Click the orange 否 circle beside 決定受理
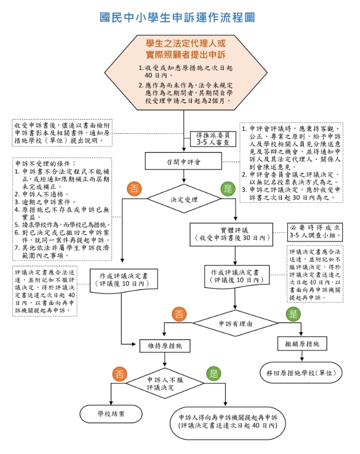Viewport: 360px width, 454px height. (x=134, y=189)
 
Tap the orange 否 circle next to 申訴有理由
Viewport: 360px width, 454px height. (x=178, y=314)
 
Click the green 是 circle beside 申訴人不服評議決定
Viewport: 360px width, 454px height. (x=213, y=373)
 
